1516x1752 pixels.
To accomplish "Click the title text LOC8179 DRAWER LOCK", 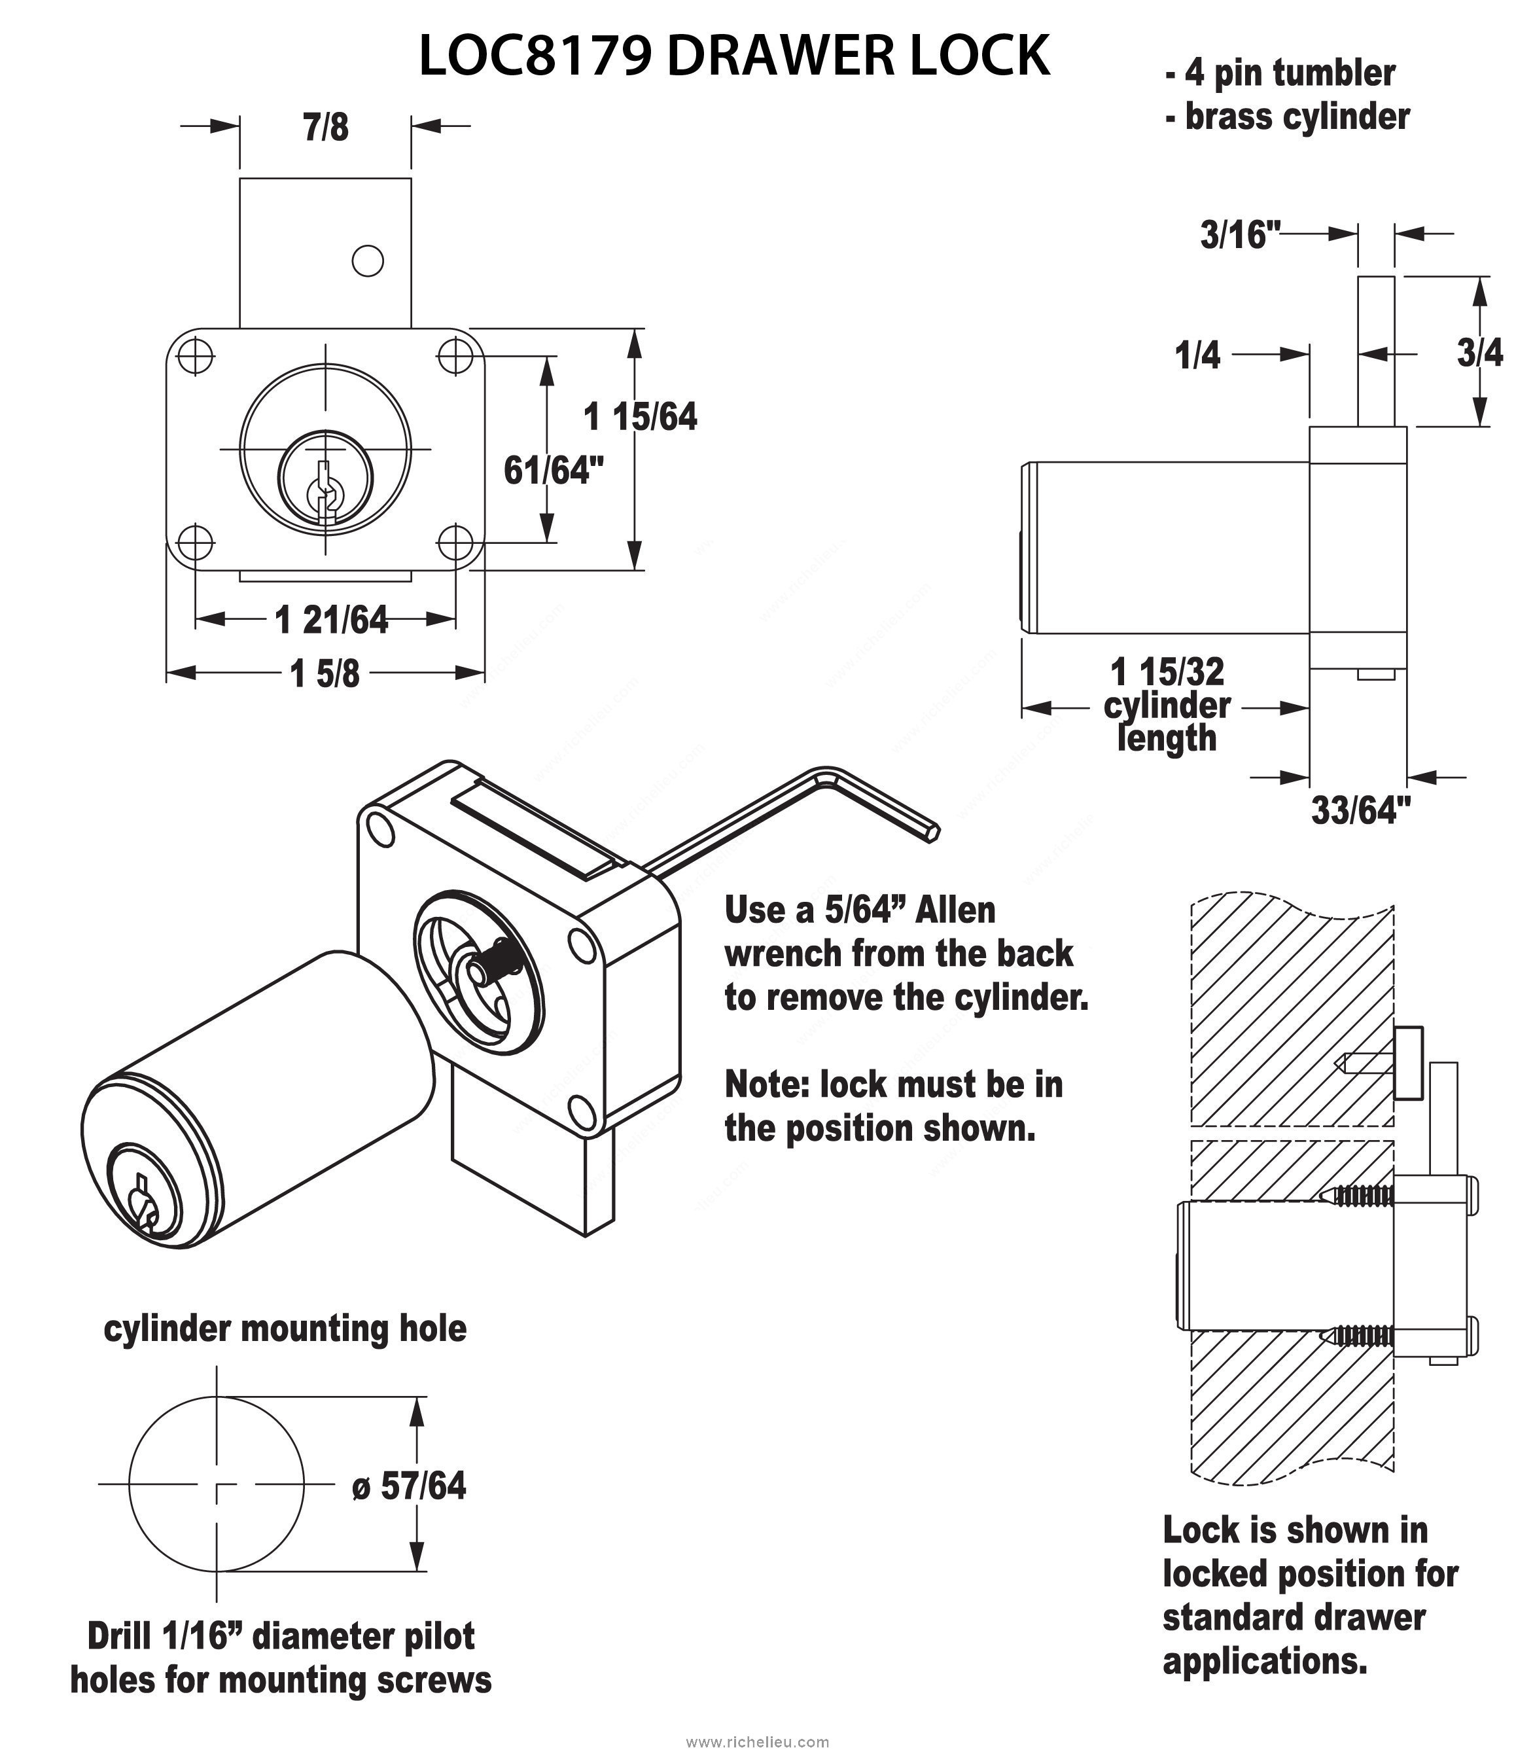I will [734, 57].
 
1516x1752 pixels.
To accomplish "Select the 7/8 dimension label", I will [326, 128].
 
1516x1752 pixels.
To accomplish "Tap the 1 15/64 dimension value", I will [641, 417].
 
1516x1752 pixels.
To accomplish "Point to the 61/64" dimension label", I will [554, 471].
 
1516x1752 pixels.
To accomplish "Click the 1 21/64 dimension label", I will [331, 620].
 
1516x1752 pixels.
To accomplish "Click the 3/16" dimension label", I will [1240, 234].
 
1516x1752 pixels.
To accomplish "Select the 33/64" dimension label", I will [1361, 810].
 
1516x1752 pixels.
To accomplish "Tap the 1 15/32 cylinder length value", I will [1167, 673].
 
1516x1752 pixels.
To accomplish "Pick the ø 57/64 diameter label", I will [410, 1486].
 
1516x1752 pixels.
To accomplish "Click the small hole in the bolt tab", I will [367, 260].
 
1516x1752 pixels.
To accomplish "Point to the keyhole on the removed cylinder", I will [142, 1200].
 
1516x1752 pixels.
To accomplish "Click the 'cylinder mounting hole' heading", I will [285, 1328].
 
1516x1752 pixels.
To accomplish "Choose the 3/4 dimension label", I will [1479, 353].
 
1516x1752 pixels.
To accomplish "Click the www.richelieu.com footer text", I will [757, 1735].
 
